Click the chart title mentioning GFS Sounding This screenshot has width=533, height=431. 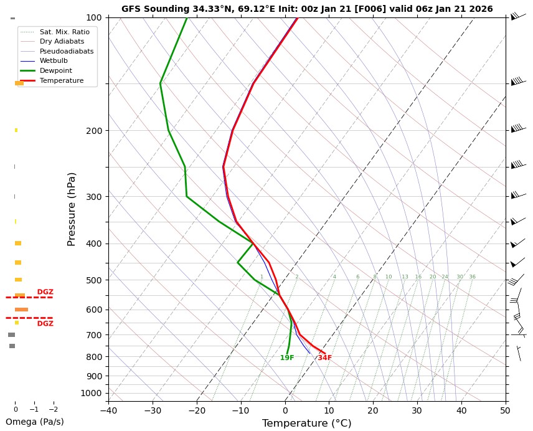(307, 9)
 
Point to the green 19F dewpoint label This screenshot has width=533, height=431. (287, 358)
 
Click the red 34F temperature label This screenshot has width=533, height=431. (324, 358)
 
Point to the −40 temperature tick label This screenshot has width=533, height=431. (108, 410)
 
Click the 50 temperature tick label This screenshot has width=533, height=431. (505, 410)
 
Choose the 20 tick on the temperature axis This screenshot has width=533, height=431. (373, 410)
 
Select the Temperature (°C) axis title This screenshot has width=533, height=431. (306, 424)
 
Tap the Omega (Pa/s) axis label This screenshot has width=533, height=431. (34, 422)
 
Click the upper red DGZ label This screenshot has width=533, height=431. (45, 292)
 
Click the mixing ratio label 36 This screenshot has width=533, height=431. (472, 277)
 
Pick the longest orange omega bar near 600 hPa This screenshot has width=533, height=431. (22, 310)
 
